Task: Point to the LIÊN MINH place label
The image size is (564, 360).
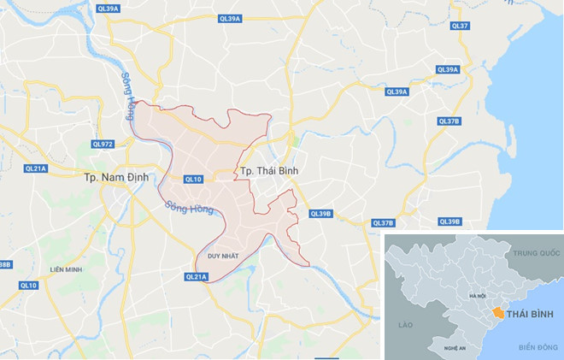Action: (x=66, y=269)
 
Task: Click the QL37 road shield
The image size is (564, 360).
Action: (x=460, y=27)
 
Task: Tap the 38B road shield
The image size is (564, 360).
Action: (x=4, y=265)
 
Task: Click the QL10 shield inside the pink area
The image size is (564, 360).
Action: (x=194, y=179)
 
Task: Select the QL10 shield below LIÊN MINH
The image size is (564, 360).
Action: (x=29, y=285)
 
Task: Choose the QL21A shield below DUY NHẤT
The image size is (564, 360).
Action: (x=197, y=276)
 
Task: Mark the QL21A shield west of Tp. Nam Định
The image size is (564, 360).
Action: (x=36, y=168)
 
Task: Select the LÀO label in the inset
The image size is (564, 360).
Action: (x=407, y=325)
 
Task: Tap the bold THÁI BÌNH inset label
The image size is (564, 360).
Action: (x=531, y=316)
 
